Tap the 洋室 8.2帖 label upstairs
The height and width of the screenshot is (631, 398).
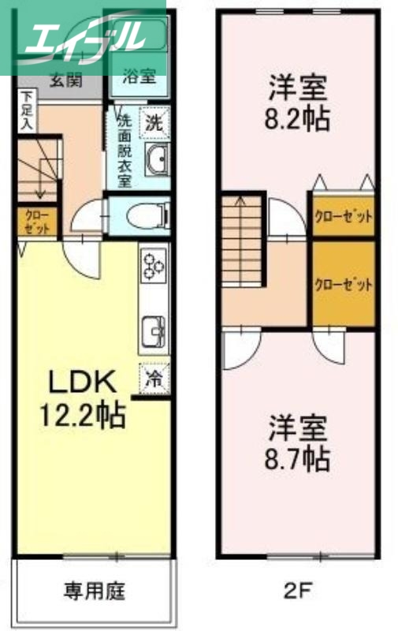coord(298,103)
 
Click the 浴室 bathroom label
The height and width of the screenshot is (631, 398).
coord(139,77)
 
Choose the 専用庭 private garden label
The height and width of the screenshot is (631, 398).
coord(95,590)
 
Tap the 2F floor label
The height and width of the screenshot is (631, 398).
coord(296,589)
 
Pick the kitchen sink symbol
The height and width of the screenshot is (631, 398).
coord(153,330)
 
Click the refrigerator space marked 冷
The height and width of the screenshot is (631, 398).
coord(155,377)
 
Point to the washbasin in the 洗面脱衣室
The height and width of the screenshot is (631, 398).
coord(157,161)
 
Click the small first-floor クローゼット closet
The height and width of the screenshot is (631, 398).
coord(37,221)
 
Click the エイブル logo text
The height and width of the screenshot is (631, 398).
coord(83,35)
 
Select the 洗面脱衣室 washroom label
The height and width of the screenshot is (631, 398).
coord(124,150)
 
